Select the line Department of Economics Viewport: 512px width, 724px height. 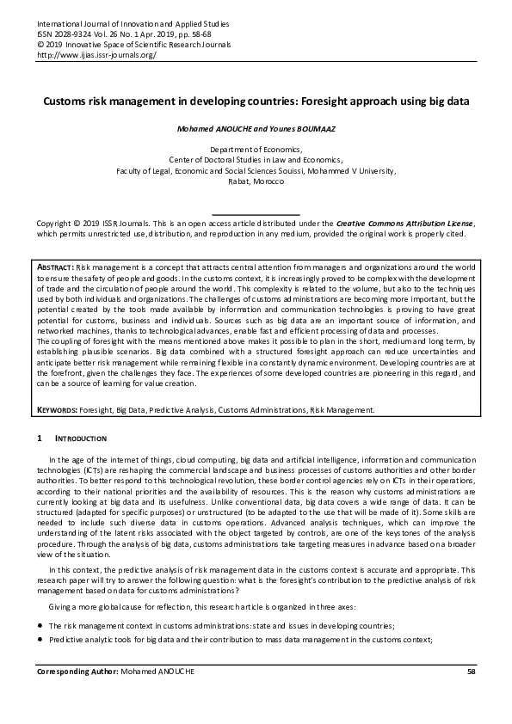point(255,150)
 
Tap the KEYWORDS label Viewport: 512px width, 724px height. point(59,410)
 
